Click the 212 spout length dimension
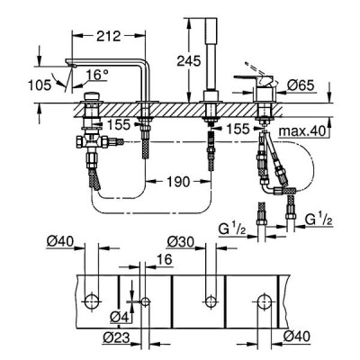(x=109, y=36)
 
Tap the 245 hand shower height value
(x=188, y=61)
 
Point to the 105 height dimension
(x=40, y=85)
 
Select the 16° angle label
(x=97, y=75)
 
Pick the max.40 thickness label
(x=302, y=131)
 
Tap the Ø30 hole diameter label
(x=181, y=242)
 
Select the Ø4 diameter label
(x=120, y=317)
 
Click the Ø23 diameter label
(x=117, y=338)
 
